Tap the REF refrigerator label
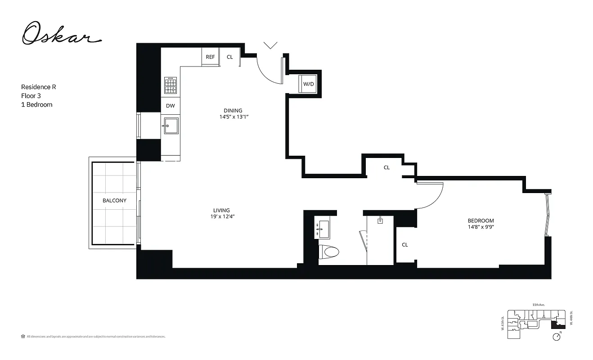[210, 57]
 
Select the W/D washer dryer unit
[308, 84]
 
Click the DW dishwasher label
[170, 106]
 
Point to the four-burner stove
[171, 85]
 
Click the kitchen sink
[171, 126]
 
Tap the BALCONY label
[114, 201]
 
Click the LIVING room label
[222, 210]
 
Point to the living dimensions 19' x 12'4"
[221, 216]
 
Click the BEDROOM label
[481, 220]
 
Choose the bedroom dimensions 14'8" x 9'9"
[481, 227]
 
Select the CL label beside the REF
[230, 57]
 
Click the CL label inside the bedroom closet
[405, 245]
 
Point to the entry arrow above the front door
[270, 45]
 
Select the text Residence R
[39, 87]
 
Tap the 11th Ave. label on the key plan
[538, 305]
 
